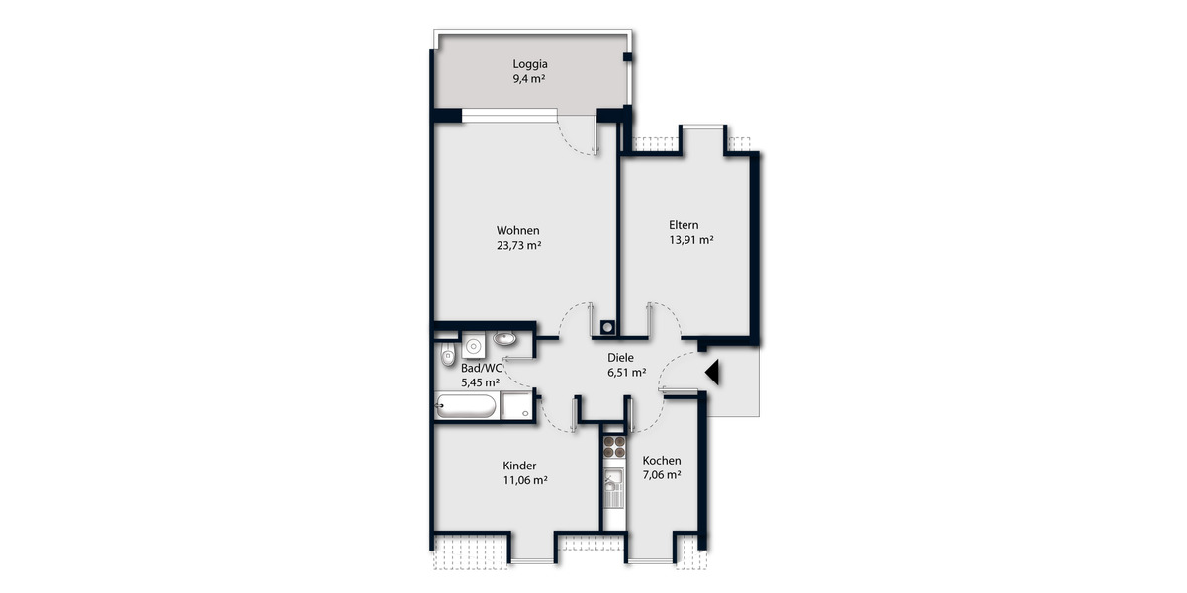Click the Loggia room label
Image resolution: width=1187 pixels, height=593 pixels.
(530, 65)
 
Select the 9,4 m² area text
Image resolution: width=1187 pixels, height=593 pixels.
(530, 81)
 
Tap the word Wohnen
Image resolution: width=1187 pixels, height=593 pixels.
(518, 231)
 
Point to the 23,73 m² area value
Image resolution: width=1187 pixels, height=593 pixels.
(518, 248)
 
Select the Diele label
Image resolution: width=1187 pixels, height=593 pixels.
(620, 358)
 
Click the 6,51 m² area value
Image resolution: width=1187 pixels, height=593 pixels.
(626, 374)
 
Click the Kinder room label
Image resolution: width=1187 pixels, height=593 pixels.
(519, 466)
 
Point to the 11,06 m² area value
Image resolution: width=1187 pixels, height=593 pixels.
(525, 481)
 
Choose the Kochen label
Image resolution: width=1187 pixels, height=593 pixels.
(662, 461)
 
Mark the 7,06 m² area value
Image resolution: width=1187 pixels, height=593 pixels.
(662, 476)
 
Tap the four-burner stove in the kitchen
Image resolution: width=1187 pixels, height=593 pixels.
(614, 446)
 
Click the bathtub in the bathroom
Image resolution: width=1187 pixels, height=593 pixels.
(466, 405)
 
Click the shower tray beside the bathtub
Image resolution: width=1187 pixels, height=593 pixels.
(516, 405)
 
